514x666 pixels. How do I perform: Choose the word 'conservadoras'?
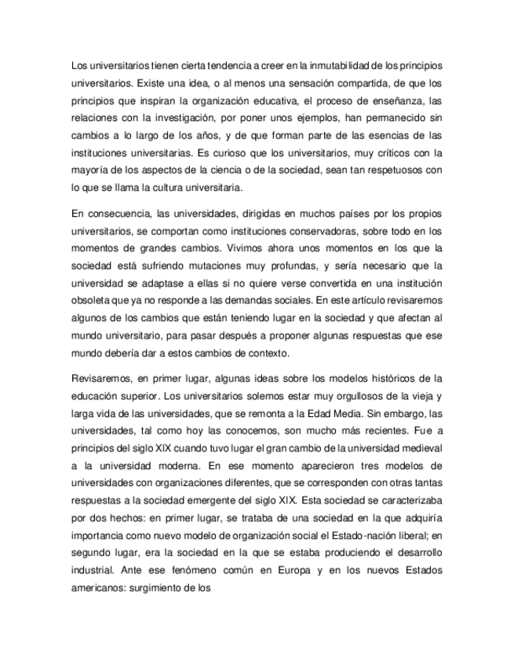point(325,231)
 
